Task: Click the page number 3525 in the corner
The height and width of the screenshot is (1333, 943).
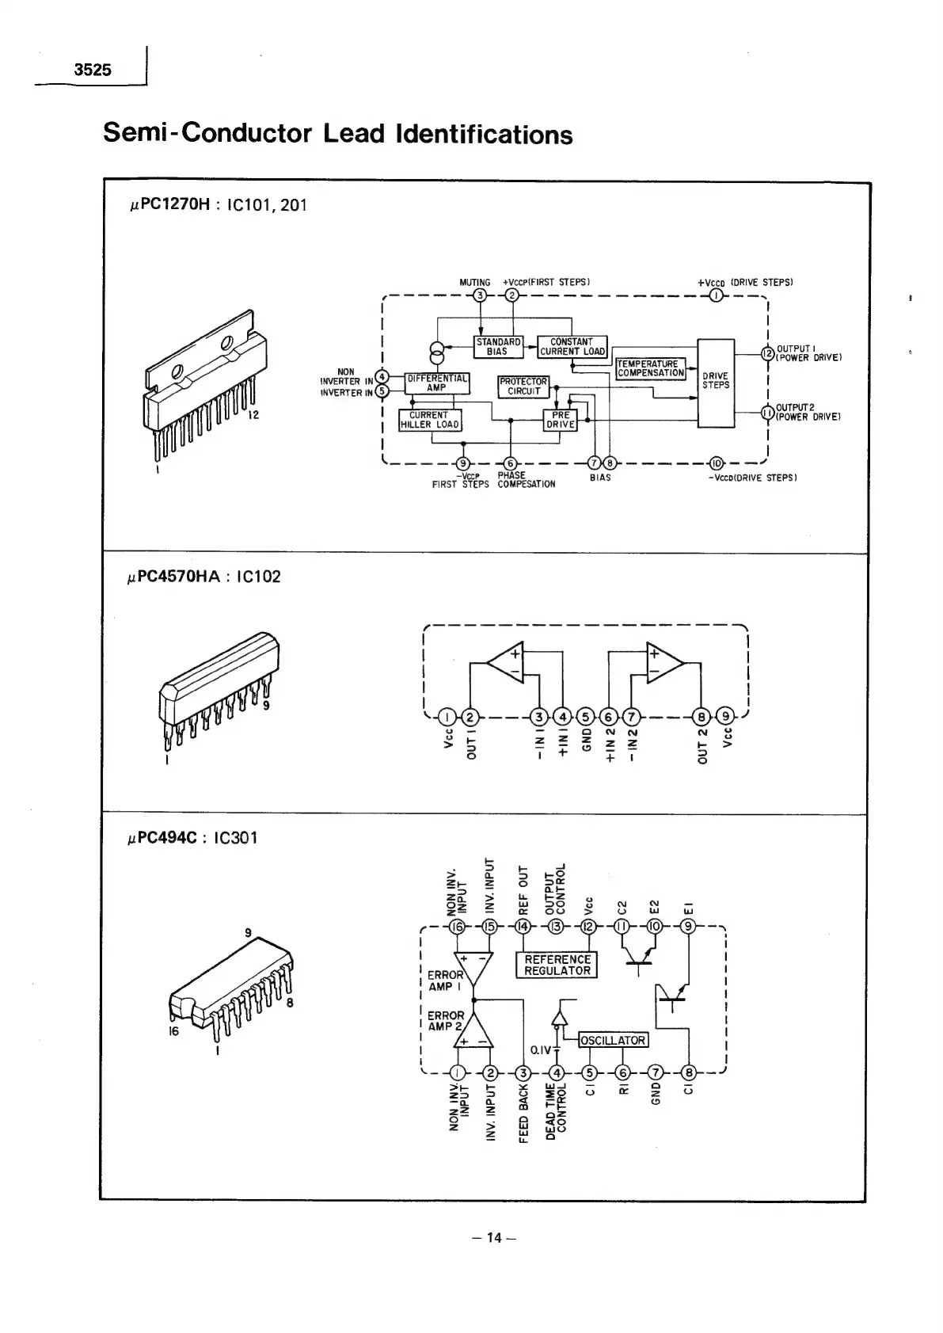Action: pos(93,70)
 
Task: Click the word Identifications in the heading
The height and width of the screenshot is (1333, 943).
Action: pos(483,134)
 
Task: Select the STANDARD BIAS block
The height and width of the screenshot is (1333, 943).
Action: pos(498,346)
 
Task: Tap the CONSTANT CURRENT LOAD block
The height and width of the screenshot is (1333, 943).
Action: pos(572,346)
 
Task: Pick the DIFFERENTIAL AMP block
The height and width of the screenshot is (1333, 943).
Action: pos(436,383)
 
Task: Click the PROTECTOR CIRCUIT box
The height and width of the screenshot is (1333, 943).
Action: pos(523,386)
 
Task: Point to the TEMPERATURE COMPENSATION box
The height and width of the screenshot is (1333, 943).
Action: pos(650,368)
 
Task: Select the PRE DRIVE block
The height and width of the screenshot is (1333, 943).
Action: pos(561,420)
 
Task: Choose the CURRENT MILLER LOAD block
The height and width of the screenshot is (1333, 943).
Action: pos(429,420)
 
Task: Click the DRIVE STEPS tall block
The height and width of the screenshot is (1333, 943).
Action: pos(716,382)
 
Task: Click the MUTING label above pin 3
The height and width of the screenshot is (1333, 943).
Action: pos(475,282)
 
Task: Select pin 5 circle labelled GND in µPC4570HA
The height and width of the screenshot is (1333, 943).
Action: pos(585,718)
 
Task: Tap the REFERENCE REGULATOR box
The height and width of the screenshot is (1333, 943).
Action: pos(557,965)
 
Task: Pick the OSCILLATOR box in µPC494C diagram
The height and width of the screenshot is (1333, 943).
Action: pos(614,1040)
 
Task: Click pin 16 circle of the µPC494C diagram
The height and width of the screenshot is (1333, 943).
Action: pos(457,927)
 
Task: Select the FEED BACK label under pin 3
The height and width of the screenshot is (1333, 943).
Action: pos(523,1114)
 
